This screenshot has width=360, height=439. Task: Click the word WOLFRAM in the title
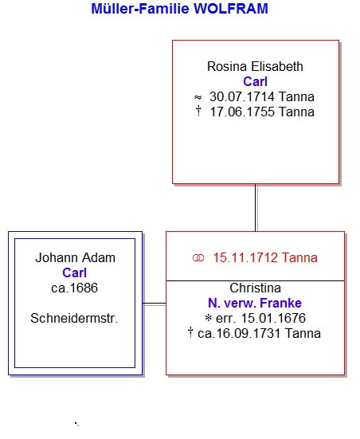pos(231,9)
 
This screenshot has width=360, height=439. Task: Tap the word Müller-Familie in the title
pos(140,9)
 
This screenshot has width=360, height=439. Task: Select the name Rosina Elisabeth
pos(255,67)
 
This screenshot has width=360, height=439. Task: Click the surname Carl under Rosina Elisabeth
pos(255,81)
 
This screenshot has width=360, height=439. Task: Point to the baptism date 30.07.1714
pos(242,96)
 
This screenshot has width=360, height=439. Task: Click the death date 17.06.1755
pos(242,112)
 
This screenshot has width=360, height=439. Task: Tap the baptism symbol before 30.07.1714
pos(198,97)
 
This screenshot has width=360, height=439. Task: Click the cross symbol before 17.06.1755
pos(198,111)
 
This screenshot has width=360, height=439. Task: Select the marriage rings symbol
pos(198,258)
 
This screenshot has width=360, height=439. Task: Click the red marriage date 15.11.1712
pos(245,257)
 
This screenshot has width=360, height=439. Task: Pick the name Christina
pos(255,288)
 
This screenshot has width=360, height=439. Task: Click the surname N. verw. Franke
pos(255,303)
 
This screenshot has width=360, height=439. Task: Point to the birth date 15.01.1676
pos(273,318)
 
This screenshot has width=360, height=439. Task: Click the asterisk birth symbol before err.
pos(208,318)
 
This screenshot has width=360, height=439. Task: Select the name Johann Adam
pos(75,257)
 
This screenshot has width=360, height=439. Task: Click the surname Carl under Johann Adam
pos(74,272)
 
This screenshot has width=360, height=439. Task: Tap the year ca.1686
pos(74,288)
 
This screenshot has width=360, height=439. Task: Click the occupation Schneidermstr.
pos(74,318)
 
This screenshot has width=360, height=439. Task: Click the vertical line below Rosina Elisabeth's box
pos(256,208)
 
